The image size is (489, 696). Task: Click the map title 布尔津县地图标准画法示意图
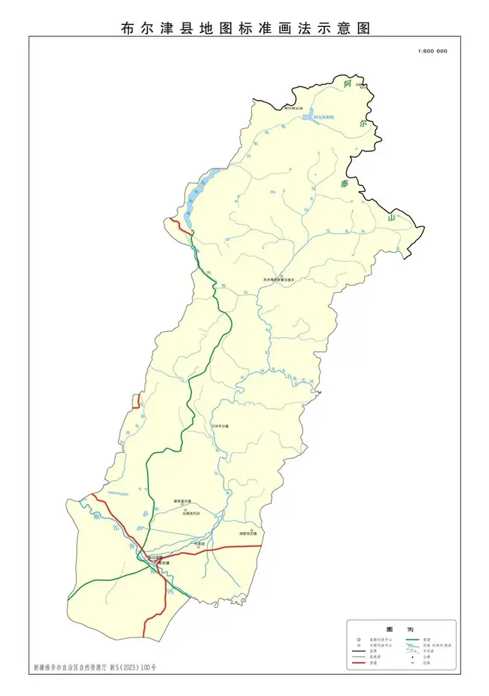click(x=245, y=29)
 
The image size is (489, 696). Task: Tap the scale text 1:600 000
click(x=432, y=51)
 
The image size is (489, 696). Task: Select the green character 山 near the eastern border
click(x=391, y=217)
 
